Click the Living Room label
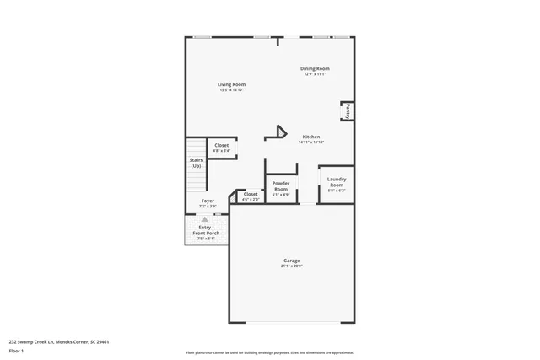(230, 84)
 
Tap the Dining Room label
(315, 68)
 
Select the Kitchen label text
(311, 137)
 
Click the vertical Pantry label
(346, 110)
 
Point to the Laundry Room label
(337, 180)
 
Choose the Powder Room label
(281, 185)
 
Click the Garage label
(291, 261)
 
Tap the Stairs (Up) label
(196, 162)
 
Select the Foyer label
(207, 201)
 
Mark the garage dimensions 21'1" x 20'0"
(291, 266)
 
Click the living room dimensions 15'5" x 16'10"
(230, 89)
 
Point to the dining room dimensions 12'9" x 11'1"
(315, 74)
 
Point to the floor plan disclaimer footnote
(269, 353)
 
